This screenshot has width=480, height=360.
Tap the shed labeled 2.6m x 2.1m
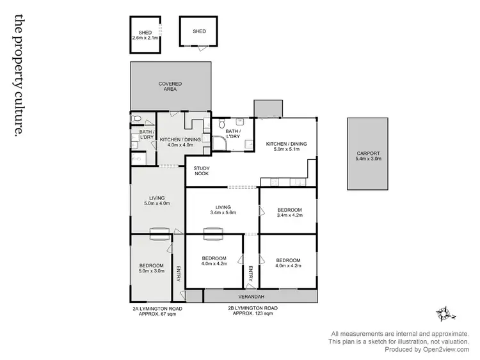point(145,35)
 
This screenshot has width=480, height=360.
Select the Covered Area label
point(170,86)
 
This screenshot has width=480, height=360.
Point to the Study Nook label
point(203,171)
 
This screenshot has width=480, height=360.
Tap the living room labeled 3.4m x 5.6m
point(223,210)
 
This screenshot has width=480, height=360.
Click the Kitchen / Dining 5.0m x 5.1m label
point(286,147)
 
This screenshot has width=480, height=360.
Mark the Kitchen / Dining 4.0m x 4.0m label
point(180,142)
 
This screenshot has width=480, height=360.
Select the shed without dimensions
point(200,31)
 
